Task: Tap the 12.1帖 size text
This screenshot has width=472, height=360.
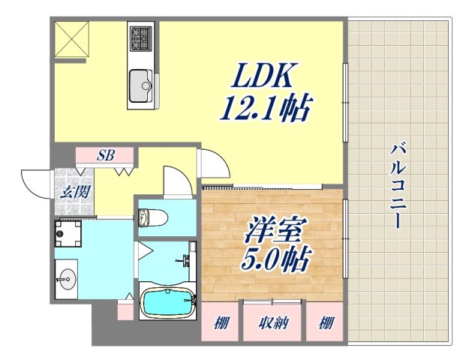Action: [x=264, y=110]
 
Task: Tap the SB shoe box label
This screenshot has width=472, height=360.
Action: [x=105, y=156]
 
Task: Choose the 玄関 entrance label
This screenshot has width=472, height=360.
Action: [x=74, y=191]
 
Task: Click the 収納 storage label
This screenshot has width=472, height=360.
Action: [x=272, y=323]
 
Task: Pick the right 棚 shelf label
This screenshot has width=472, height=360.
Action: [x=324, y=323]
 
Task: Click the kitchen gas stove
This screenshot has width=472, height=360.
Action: [x=140, y=37]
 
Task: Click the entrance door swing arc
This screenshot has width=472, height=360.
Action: [x=34, y=181]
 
